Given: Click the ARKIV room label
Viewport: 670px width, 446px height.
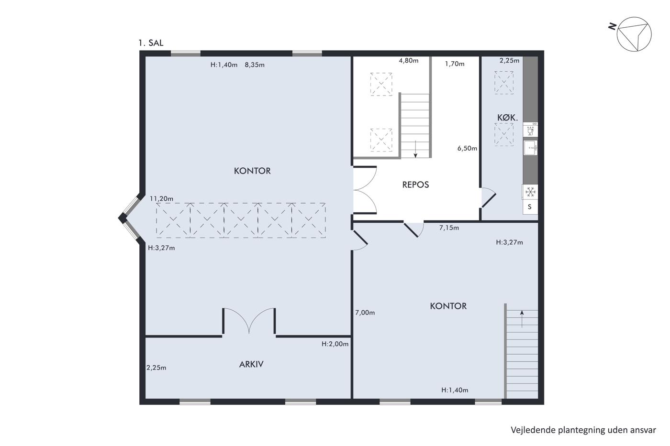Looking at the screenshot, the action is click(251, 364).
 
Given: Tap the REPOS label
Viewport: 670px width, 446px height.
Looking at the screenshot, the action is click(415, 185).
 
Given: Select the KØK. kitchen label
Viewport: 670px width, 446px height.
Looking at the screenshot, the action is click(507, 118).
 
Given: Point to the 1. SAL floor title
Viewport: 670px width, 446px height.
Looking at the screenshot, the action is click(151, 43).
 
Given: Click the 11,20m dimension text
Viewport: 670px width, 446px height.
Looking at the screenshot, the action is click(162, 199).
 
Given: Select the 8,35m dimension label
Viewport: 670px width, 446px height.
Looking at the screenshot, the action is click(255, 65).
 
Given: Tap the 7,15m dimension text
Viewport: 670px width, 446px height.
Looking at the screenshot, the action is click(449, 228).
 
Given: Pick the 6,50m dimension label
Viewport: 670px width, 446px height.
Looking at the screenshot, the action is click(467, 148).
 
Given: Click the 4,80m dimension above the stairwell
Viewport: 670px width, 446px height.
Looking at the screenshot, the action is click(409, 61).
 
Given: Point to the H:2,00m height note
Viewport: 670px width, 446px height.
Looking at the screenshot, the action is click(335, 344).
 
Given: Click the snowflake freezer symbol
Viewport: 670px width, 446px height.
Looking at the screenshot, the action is click(530, 192).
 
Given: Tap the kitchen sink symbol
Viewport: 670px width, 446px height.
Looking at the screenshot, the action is click(531, 148).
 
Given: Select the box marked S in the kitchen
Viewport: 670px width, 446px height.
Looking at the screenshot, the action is click(530, 207).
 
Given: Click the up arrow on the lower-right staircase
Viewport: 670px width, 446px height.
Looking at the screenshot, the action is click(522, 319).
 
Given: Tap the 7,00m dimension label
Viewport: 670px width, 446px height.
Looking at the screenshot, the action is click(365, 313).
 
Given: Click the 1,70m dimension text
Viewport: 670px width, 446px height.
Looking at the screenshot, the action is click(455, 64).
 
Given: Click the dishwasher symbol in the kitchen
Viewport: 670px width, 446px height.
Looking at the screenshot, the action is click(531, 130).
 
